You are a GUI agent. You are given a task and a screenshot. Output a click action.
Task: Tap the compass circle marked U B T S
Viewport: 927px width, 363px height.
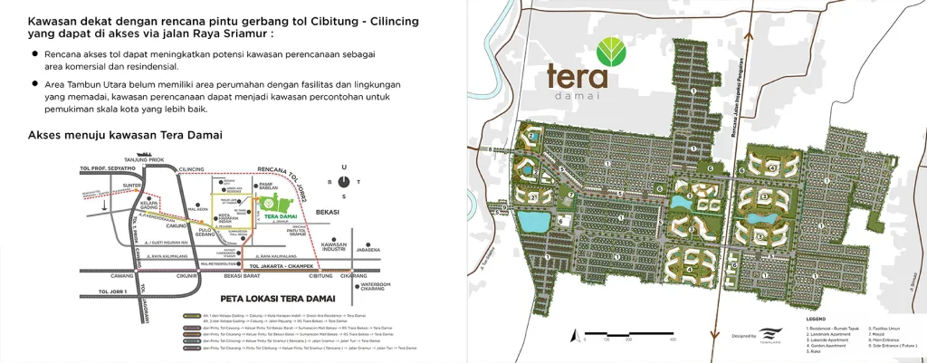point(343,181)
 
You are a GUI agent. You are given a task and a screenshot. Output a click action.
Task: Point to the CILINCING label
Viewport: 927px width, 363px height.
point(191,169)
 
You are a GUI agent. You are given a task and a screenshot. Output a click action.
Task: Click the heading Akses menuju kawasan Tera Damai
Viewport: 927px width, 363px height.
point(126,135)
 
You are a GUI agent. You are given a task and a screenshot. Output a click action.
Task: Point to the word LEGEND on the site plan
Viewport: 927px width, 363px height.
point(817,319)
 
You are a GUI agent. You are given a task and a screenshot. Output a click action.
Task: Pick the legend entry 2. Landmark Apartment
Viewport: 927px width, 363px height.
point(830,333)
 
